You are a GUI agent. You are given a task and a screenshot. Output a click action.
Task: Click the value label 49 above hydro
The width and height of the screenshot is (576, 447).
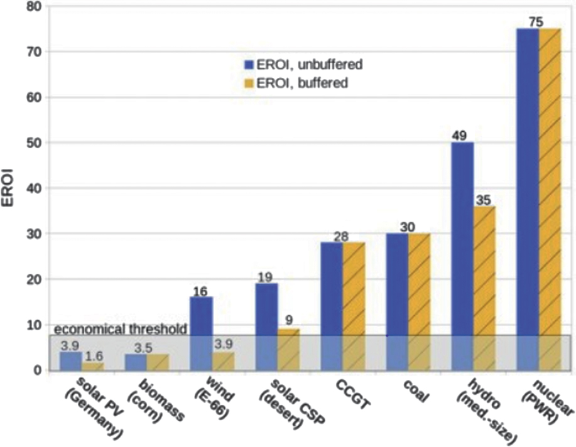461,136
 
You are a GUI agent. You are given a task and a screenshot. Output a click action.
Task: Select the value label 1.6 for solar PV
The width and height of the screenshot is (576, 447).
94,356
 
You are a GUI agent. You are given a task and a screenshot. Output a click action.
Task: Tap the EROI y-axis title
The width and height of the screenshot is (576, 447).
13,189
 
